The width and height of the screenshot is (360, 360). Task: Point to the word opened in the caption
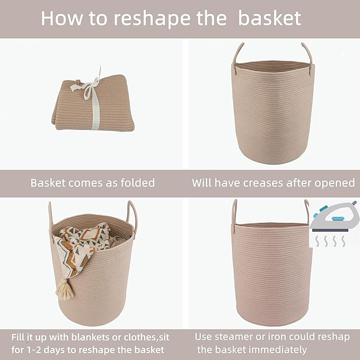coord(335,183)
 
